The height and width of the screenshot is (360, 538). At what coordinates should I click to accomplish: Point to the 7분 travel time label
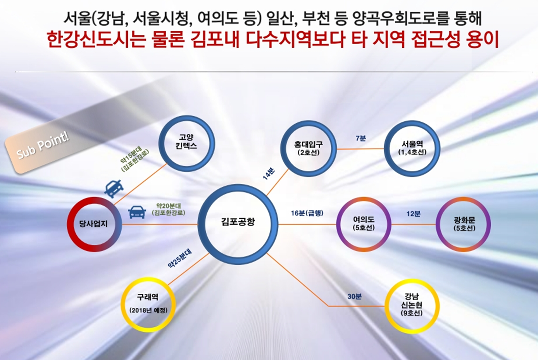[x=360, y=138]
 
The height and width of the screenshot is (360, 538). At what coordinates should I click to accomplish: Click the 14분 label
[x=269, y=174]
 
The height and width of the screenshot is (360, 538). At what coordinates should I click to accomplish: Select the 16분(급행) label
[x=307, y=213]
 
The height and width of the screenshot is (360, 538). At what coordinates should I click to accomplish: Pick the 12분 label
[x=413, y=214]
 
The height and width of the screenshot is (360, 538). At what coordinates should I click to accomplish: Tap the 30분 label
[x=354, y=296]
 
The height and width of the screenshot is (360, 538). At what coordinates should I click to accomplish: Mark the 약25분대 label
[x=179, y=258]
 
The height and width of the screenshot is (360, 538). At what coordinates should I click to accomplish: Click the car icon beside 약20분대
[x=137, y=212]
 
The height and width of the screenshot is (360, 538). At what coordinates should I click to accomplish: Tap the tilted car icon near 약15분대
[x=114, y=188]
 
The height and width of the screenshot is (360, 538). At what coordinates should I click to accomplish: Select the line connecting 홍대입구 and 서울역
[x=360, y=149]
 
